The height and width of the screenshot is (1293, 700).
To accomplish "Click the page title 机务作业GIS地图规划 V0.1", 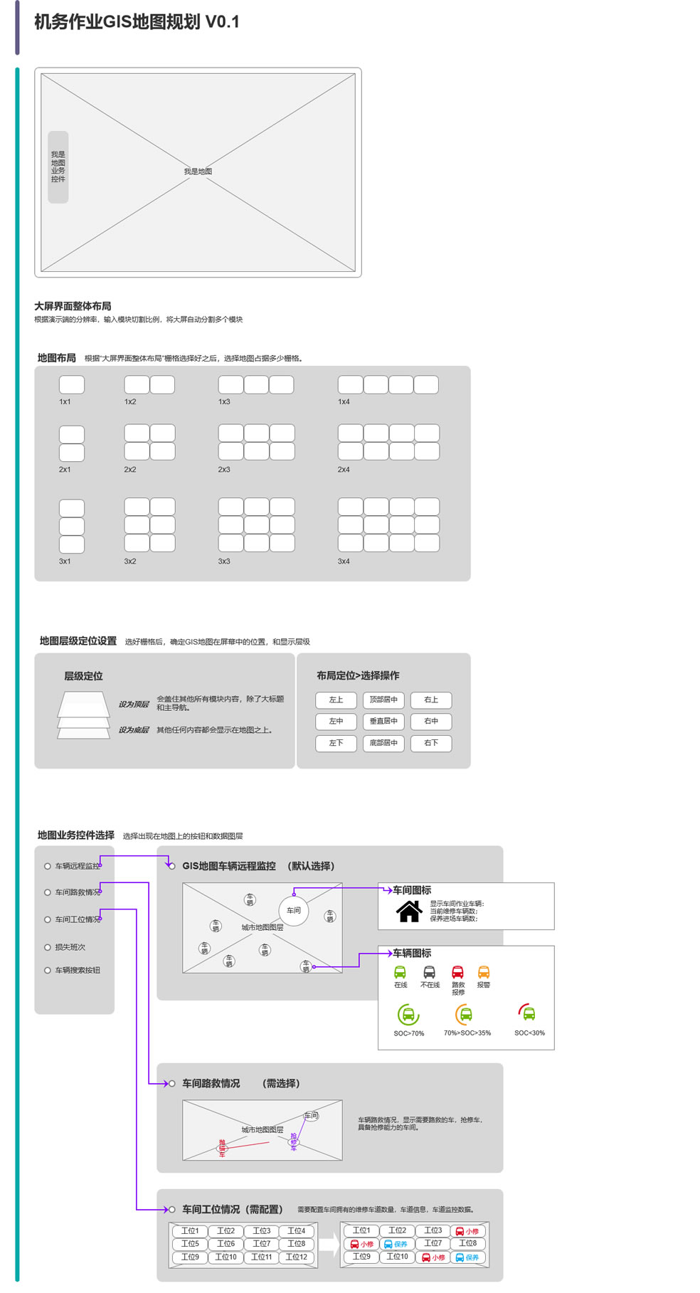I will pos(137,22).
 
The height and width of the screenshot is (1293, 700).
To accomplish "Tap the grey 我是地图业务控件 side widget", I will pos(58,167).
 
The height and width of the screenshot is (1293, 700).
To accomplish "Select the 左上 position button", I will pos(336,700).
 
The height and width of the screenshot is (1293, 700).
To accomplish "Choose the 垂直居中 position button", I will pos(383,722).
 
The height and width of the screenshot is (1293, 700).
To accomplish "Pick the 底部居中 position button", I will pos(383,743).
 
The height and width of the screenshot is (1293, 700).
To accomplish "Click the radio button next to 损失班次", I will pos(48,947).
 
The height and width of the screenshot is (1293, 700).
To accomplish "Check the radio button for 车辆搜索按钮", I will pos(48,970).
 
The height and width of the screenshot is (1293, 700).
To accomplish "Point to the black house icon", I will pos(409,912).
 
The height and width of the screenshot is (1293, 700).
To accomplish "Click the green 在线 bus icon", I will pos(401,972).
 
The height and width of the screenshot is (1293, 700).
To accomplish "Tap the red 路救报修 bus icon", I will pos(457,972).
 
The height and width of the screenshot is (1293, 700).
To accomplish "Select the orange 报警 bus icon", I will pos(484,972).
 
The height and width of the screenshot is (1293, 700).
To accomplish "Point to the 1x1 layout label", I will pos(65,402).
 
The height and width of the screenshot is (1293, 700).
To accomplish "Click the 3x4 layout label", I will pos(344,561).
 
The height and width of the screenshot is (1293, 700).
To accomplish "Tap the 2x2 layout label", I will pos(130,470).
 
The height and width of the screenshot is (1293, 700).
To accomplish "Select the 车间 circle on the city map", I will pos(294,911).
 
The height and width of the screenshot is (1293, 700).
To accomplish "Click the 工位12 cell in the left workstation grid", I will pos(297,1257).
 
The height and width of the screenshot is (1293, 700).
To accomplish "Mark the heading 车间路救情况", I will pos(211,1083).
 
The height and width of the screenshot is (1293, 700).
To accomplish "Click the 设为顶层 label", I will pos(134,704).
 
